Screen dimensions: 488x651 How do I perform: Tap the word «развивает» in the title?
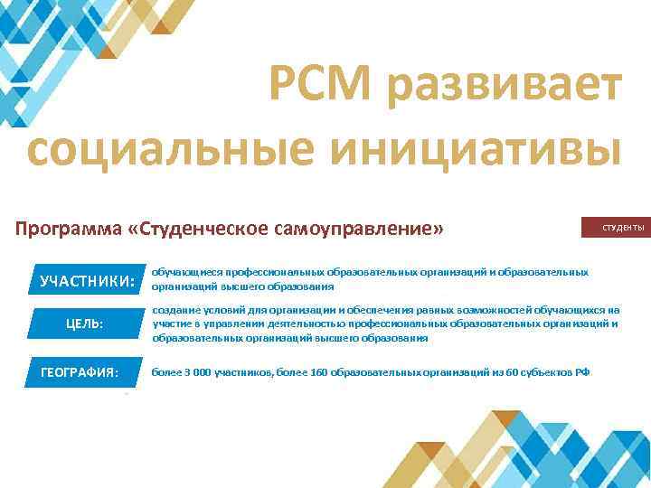coord(507,88)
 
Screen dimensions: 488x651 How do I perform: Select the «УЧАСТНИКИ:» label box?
coord(87,280)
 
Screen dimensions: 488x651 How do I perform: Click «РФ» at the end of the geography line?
coord(582,371)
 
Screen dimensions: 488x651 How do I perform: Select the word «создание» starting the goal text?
coord(174,309)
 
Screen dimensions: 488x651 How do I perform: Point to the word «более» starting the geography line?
coord(165,371)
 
